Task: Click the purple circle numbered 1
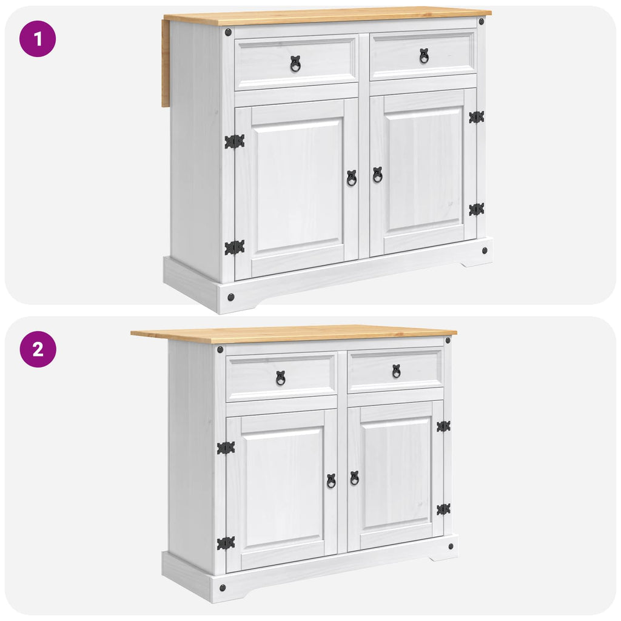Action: pyautogui.click(x=38, y=39)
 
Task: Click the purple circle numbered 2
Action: pyautogui.click(x=38, y=349)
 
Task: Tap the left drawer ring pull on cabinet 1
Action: pyautogui.click(x=295, y=64)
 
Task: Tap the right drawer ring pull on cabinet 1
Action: pyautogui.click(x=424, y=56)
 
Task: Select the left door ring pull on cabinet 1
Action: pyautogui.click(x=352, y=178)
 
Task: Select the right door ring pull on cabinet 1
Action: pyautogui.click(x=377, y=175)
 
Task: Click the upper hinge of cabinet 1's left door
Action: pyautogui.click(x=235, y=142)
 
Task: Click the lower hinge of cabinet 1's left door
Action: pyautogui.click(x=235, y=247)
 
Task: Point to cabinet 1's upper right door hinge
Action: pyautogui.click(x=477, y=117)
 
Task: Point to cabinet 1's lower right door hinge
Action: pyautogui.click(x=477, y=209)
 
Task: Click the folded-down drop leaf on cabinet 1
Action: pyautogui.click(x=166, y=63)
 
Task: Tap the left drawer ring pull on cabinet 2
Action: pyautogui.click(x=281, y=378)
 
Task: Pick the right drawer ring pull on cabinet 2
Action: pyautogui.click(x=397, y=371)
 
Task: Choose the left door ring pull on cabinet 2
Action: pyautogui.click(x=331, y=481)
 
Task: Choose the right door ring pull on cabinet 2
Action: pyautogui.click(x=354, y=478)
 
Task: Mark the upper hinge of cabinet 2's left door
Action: pyautogui.click(x=226, y=448)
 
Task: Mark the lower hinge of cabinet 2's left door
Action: pyautogui.click(x=226, y=543)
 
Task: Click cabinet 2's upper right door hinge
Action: pyautogui.click(x=443, y=426)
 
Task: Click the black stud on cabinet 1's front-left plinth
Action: pyautogui.click(x=231, y=297)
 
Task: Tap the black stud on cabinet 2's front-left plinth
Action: pyautogui.click(x=223, y=588)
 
